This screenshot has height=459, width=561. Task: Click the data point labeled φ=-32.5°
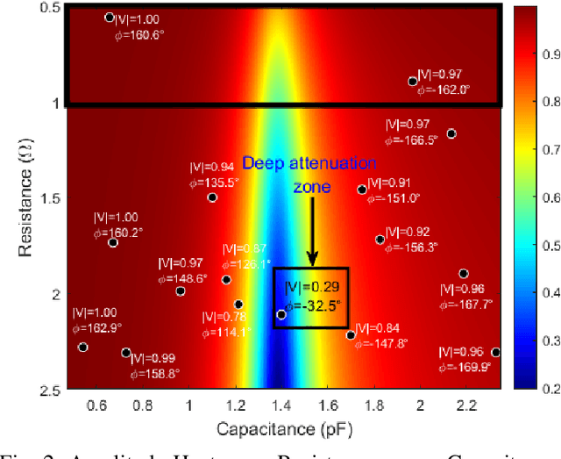[281, 314]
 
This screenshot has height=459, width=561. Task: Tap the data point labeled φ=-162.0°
[412, 81]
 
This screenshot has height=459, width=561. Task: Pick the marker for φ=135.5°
[212, 197]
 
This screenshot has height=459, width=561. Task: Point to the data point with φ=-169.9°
[495, 352]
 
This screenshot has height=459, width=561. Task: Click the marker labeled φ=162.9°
[83, 348]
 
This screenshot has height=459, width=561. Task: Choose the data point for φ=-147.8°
[351, 335]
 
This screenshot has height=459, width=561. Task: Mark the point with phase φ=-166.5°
[451, 133]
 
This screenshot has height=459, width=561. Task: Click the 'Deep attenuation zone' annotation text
[309, 175]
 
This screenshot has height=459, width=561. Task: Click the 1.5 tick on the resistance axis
[47, 198]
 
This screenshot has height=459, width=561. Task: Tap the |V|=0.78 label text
[224, 318]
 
